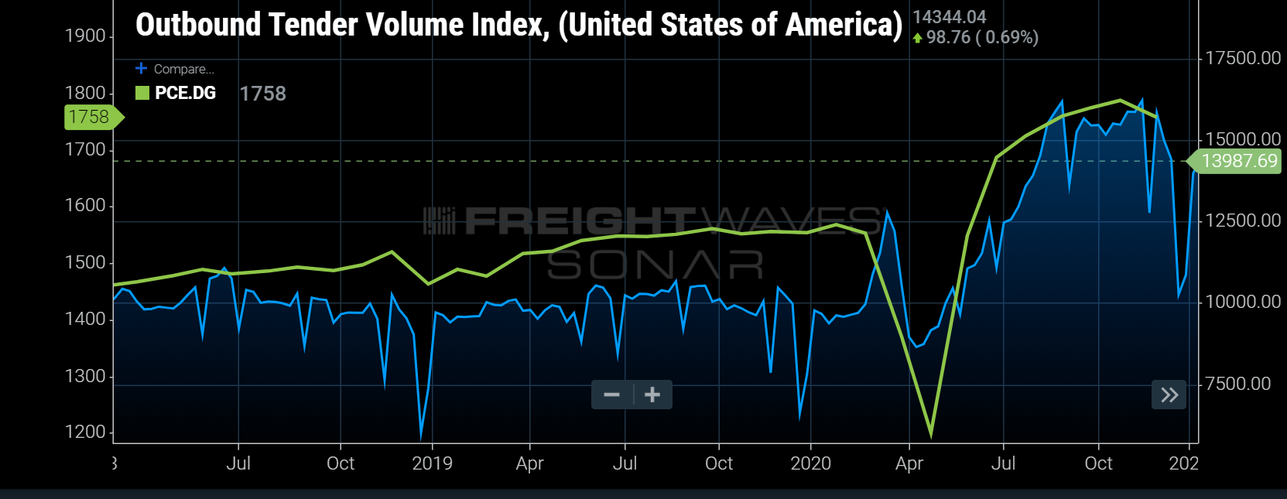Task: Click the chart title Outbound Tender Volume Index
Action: click(x=519, y=25)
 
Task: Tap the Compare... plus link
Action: click(x=175, y=69)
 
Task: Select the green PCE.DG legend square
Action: click(x=142, y=93)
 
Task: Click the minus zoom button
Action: click(x=611, y=395)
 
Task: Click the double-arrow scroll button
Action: click(x=1169, y=395)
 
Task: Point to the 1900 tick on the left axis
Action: click(x=85, y=36)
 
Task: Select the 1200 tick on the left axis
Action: click(x=85, y=432)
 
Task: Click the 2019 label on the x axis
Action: click(x=432, y=463)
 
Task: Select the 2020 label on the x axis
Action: click(x=810, y=463)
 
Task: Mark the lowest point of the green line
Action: click(x=931, y=435)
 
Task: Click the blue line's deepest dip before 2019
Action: click(x=421, y=435)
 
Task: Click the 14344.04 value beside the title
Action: click(x=949, y=17)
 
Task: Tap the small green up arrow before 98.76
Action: click(x=918, y=38)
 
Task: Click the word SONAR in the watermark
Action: click(x=655, y=265)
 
